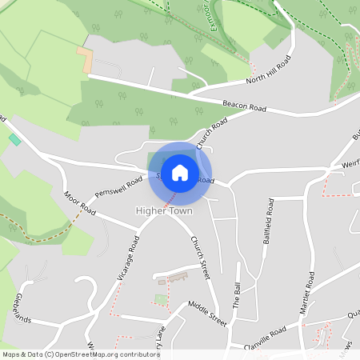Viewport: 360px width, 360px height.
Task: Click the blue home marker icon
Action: coord(180,172)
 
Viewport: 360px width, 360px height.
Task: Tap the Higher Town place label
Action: coord(164,211)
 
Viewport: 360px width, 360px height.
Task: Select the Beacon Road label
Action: coord(245,106)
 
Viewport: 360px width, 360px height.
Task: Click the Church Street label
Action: coord(199,257)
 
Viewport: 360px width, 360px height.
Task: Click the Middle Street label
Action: coord(208,311)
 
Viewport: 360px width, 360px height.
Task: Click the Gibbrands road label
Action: coord(22,309)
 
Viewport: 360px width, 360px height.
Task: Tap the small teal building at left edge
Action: coord(14,140)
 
